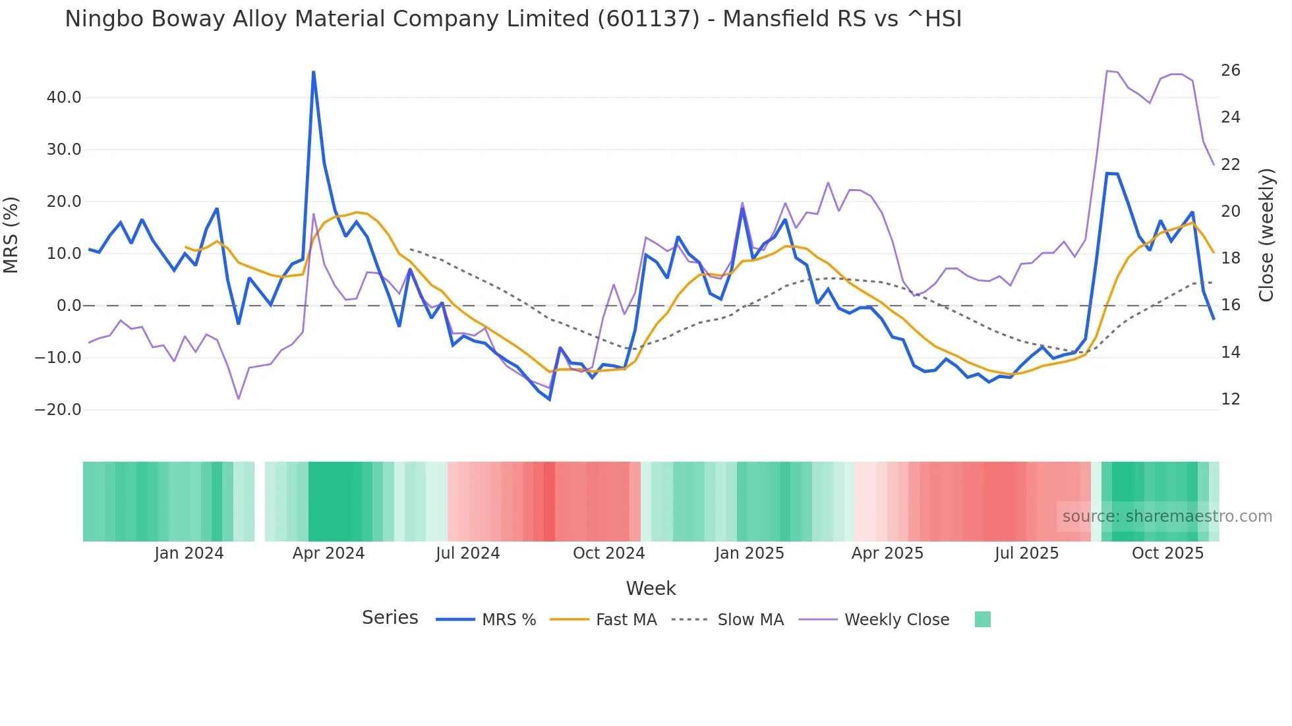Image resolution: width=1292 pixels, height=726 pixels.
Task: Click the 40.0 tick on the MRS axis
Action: [x=64, y=98]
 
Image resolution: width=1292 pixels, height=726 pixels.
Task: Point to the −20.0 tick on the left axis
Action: [x=58, y=410]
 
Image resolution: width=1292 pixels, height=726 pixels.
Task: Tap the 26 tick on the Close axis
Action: [x=1230, y=70]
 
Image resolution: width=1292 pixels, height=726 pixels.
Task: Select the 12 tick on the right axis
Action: [x=1230, y=399]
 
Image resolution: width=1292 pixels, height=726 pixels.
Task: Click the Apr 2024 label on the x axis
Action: [x=328, y=553]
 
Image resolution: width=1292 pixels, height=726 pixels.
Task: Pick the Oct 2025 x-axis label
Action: [x=1167, y=553]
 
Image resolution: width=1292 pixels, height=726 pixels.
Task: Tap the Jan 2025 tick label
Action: [x=749, y=553]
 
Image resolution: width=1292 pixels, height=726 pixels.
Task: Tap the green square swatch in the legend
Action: [x=982, y=619]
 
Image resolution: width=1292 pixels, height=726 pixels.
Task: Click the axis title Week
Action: [x=651, y=588]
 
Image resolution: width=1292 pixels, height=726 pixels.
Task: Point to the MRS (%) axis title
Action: [x=11, y=235]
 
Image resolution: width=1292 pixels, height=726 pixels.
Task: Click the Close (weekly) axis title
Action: [x=1266, y=235]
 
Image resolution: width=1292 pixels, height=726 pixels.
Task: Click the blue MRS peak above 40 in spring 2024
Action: [x=313, y=72]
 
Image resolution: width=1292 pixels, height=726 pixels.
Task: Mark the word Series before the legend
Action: [x=390, y=618]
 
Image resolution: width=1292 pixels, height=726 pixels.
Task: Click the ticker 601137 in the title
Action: [x=649, y=19]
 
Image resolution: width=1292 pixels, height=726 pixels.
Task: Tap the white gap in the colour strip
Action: [x=260, y=501]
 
